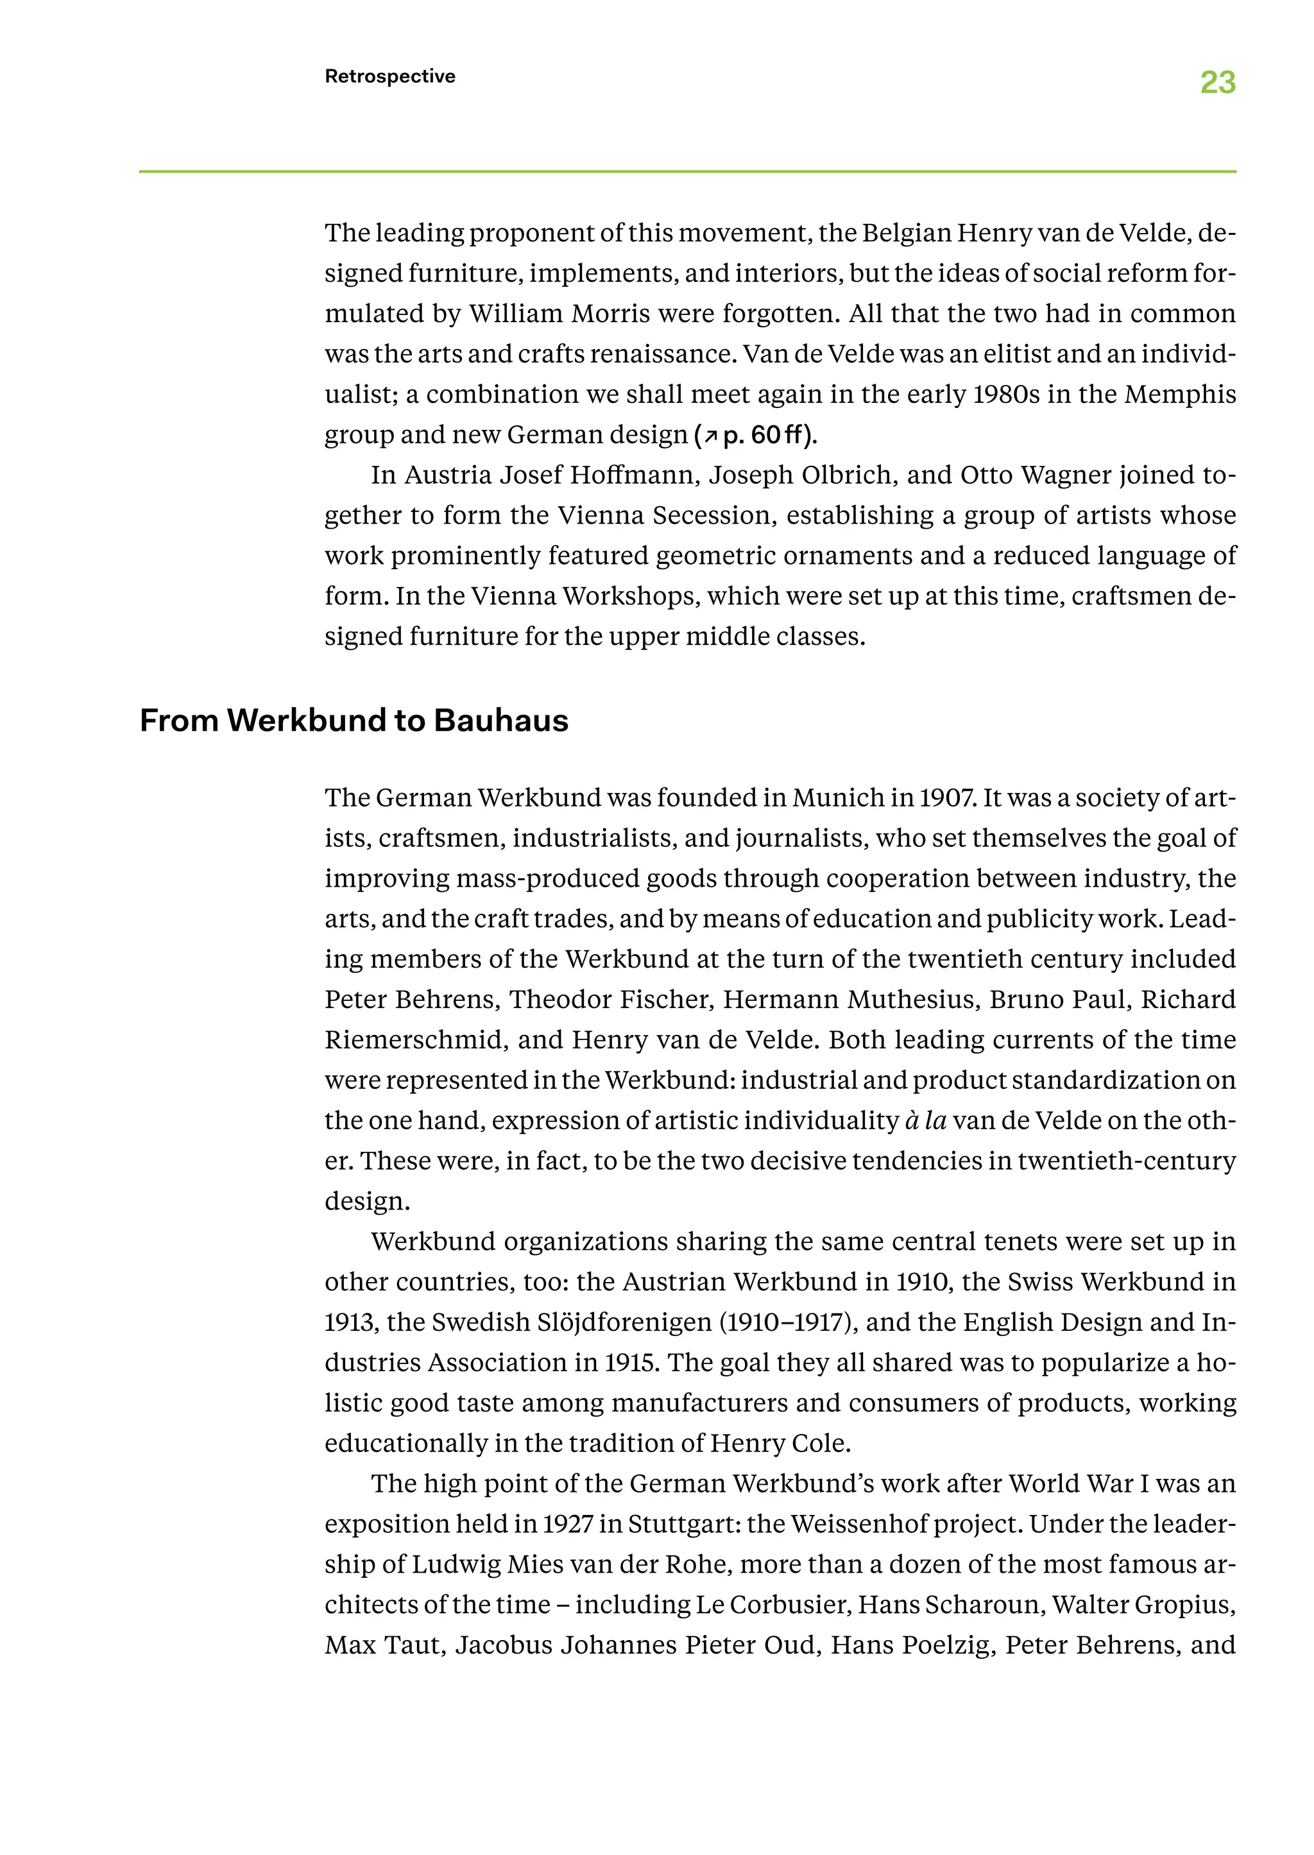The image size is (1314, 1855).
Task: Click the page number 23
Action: [x=1217, y=83]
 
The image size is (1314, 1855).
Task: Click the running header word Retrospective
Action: [x=390, y=76]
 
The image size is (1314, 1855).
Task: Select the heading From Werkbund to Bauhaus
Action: [x=354, y=720]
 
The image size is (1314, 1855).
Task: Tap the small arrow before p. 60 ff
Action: [x=710, y=437]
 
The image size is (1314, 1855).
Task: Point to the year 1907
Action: [x=945, y=798]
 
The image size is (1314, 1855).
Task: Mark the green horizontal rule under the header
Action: [x=687, y=171]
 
